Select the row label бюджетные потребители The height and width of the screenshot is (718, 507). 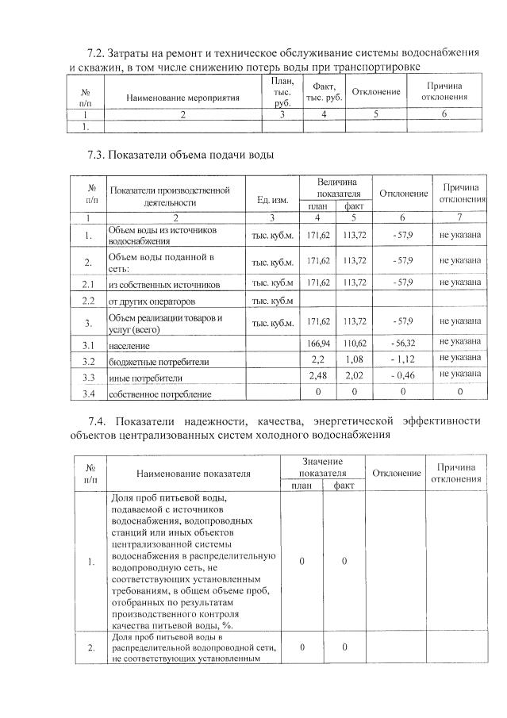159,362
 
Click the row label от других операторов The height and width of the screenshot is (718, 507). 151,301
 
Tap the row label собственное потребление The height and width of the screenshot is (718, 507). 159,394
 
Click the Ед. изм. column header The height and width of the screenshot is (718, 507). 272,198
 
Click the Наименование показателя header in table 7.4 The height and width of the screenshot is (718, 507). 193,473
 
